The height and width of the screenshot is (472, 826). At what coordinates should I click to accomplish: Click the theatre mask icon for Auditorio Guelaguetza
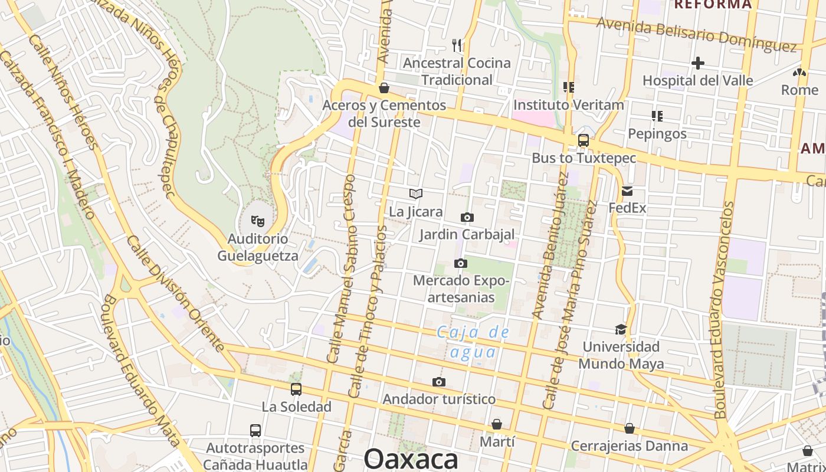coord(257,221)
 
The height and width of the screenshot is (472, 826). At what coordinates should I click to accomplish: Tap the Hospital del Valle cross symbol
coord(698,63)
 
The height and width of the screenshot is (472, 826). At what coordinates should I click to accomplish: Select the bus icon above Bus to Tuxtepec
coord(584,140)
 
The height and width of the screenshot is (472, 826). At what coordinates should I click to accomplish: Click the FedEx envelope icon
coord(627,191)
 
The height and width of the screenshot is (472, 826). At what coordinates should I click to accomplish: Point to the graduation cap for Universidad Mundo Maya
coord(621,329)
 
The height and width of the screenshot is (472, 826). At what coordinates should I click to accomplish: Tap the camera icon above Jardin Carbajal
coord(467,218)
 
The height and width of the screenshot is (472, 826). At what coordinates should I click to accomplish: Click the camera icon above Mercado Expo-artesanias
coord(461,263)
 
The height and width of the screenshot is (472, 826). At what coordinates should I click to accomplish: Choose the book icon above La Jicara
coord(416,194)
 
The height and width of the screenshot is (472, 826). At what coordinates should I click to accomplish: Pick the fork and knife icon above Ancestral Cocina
coord(457,45)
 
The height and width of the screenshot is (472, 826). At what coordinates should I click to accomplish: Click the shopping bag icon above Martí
coord(497,424)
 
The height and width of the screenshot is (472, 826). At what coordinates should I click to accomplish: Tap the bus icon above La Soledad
coord(296,389)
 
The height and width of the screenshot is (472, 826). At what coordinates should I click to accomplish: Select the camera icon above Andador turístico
coord(438,382)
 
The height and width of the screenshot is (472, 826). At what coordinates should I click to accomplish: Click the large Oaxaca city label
coord(411,459)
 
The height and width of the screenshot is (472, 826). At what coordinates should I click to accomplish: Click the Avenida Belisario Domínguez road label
coord(696,34)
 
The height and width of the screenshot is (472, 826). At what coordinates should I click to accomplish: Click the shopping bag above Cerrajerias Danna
coord(630,428)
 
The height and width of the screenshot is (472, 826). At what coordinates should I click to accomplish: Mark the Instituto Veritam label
coord(568,105)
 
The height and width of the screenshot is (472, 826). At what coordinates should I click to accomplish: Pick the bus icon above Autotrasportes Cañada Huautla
coord(255,431)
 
